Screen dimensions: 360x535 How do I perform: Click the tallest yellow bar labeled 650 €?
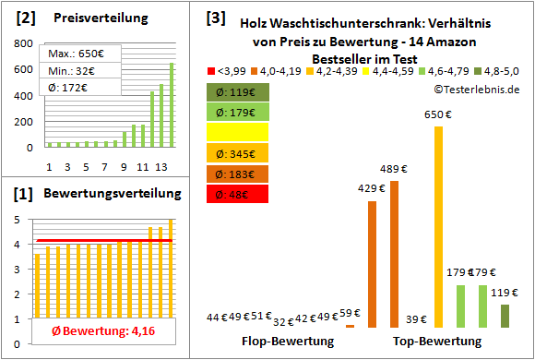click(437, 226)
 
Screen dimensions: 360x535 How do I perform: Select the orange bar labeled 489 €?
click(394, 254)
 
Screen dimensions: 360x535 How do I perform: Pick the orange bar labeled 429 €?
click(372, 264)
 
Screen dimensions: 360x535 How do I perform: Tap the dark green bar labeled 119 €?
click(505, 316)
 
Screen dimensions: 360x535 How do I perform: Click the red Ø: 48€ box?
click(237, 194)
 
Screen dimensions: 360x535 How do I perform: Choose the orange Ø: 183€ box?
click(237, 174)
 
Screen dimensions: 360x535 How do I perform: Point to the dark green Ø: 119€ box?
click(237, 92)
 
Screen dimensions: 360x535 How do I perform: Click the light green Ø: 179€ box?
click(237, 113)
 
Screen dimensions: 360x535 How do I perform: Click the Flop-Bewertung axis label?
click(287, 342)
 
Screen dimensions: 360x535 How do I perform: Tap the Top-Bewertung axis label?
click(437, 342)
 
